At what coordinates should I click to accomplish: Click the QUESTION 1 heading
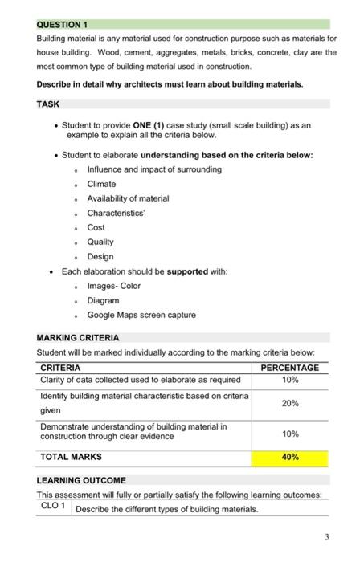(63, 25)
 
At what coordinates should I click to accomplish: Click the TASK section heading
(48, 104)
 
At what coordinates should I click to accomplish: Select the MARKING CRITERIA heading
(78, 337)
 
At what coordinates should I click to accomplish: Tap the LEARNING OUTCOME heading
(80, 480)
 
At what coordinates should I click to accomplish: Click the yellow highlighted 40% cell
(290, 457)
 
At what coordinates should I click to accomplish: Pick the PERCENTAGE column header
(290, 368)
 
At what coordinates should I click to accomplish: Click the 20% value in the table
(290, 403)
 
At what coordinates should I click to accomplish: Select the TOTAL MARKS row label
(72, 457)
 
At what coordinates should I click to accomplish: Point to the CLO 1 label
(54, 507)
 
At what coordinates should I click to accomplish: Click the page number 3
(326, 536)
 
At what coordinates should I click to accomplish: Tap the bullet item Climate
(101, 184)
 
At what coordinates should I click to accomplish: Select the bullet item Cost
(96, 227)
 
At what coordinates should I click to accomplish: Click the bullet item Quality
(100, 242)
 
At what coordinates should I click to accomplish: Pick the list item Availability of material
(128, 198)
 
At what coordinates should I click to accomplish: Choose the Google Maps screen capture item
(141, 315)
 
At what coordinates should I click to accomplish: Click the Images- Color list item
(113, 286)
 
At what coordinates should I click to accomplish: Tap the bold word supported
(187, 271)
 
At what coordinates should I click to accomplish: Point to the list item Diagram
(103, 300)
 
